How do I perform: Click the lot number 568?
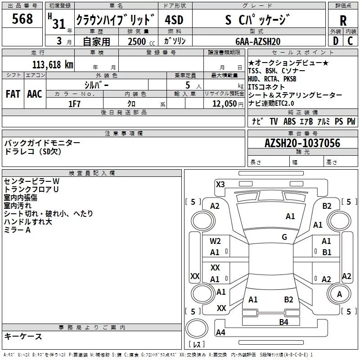tap(22, 19)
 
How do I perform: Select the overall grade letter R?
tap(343, 21)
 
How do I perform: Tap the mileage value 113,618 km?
tap(53, 65)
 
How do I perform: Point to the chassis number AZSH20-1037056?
tap(302, 143)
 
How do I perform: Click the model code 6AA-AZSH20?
tap(258, 41)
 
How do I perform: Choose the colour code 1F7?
tap(74, 104)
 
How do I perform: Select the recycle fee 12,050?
tap(225, 104)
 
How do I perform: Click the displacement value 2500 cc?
tap(141, 41)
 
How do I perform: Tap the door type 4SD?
tap(174, 20)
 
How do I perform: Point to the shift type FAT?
tap(13, 94)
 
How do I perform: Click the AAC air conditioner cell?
tap(35, 94)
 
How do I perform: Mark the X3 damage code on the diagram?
tap(220, 184)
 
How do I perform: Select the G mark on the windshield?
tap(284, 237)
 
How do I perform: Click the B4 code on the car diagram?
tap(283, 322)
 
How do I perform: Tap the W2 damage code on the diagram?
tap(215, 241)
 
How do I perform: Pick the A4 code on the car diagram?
tap(220, 332)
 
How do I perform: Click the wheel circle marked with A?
tap(339, 294)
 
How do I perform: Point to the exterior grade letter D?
tap(336, 41)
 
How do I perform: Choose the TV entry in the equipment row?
tap(274, 121)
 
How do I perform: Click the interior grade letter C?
tap(350, 41)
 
